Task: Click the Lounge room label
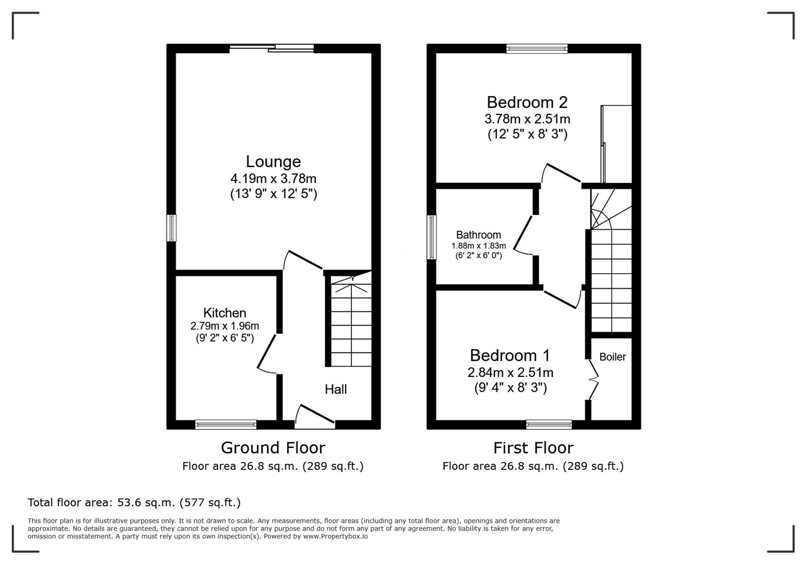pyautogui.click(x=273, y=161)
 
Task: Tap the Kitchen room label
pyautogui.click(x=224, y=313)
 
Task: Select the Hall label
pyautogui.click(x=336, y=389)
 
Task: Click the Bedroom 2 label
pyautogui.click(x=527, y=102)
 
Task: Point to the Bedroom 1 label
pyautogui.click(x=509, y=355)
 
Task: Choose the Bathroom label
pyautogui.click(x=478, y=235)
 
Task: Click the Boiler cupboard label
pyautogui.click(x=612, y=357)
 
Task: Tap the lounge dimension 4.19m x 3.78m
pyautogui.click(x=274, y=179)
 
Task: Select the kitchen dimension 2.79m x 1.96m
pyautogui.click(x=224, y=326)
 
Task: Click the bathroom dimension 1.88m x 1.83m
pyautogui.click(x=479, y=246)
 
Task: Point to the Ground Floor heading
pyautogui.click(x=272, y=448)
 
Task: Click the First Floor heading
pyautogui.click(x=533, y=448)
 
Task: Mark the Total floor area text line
pyautogui.click(x=134, y=502)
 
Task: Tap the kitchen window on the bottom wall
pyautogui.click(x=226, y=425)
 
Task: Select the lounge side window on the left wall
pyautogui.click(x=171, y=228)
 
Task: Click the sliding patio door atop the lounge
pyautogui.click(x=271, y=49)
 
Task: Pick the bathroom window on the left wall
pyautogui.click(x=432, y=237)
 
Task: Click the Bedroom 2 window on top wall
pyautogui.click(x=537, y=49)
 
